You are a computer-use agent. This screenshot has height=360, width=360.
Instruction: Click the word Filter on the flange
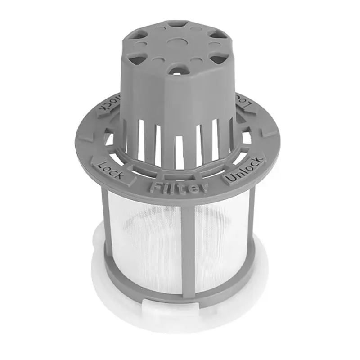179,187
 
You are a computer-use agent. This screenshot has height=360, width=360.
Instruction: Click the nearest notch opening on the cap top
179,70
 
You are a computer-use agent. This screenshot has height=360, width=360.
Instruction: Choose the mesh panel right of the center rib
220,238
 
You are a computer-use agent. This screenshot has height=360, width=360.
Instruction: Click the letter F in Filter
155,186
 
